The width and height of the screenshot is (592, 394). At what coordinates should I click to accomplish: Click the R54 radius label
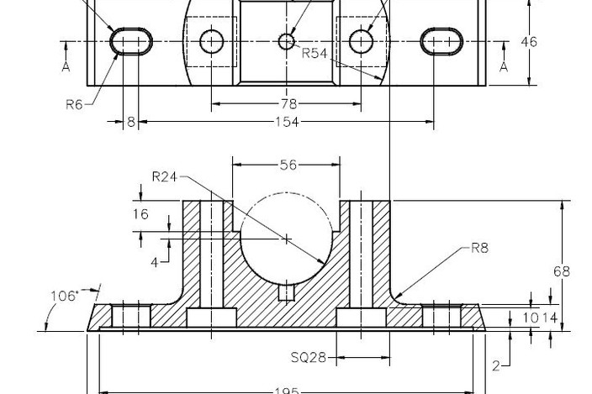[314, 53]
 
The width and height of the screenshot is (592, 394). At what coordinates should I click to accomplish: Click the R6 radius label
[75, 104]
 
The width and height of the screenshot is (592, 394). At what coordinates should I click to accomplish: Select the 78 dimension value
[286, 104]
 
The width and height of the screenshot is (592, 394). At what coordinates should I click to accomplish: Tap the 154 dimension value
[287, 123]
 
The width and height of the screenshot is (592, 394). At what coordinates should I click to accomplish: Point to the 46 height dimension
[529, 42]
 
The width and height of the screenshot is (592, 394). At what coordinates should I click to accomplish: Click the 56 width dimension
[288, 165]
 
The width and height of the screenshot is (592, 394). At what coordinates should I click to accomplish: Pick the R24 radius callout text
[165, 176]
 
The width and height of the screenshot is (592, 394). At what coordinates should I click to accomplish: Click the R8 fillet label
[480, 248]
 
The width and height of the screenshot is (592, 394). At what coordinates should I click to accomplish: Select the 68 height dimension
[561, 271]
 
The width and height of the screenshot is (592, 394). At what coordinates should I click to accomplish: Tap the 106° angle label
[64, 296]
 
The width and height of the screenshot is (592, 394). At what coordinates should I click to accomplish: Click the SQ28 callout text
[308, 358]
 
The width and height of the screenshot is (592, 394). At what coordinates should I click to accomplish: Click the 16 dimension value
[140, 214]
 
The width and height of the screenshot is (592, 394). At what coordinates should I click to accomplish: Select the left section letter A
[66, 67]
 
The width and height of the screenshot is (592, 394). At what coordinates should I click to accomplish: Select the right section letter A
[504, 67]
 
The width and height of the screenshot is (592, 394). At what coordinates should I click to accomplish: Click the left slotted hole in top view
[133, 41]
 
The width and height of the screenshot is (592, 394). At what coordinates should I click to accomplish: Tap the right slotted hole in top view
[441, 41]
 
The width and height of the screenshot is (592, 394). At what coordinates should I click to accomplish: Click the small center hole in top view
[287, 40]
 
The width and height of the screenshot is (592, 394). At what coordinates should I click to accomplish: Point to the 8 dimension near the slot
[130, 123]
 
